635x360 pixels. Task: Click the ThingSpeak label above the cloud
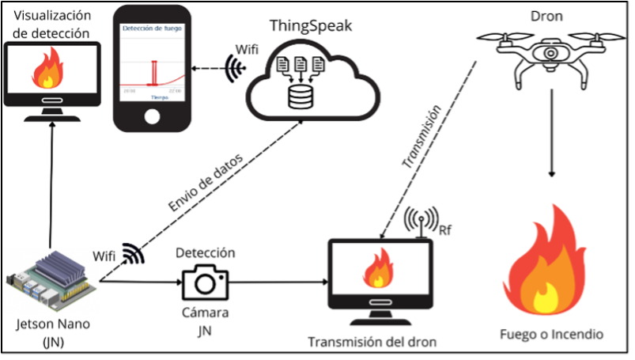pos(312,25)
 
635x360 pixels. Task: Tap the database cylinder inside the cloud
pos(300,97)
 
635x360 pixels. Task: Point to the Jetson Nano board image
pos(51,279)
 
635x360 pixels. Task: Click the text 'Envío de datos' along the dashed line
pos(206,180)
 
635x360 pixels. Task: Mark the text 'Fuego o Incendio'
pos(551,335)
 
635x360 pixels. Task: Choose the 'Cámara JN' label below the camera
pos(205,321)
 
